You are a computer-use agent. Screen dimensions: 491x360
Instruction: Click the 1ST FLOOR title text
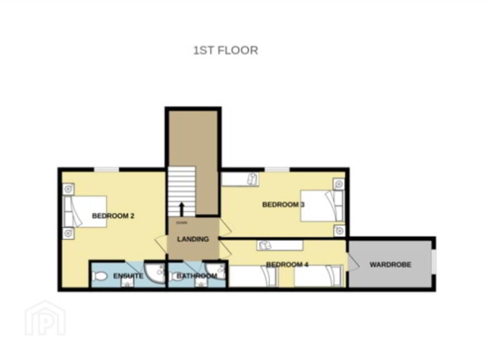point(225,50)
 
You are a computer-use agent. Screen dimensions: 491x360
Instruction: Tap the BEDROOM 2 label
point(113,216)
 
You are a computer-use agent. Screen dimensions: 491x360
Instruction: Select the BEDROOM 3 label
point(283,205)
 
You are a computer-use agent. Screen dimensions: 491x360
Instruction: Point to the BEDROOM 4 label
point(287,265)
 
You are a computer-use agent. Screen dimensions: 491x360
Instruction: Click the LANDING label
point(193,239)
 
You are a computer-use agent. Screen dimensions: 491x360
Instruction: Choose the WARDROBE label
point(390,265)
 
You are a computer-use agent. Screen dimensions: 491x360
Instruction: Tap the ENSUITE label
point(128,276)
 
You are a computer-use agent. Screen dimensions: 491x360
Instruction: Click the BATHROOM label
point(196,276)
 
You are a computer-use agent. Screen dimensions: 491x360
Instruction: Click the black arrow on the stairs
point(181,209)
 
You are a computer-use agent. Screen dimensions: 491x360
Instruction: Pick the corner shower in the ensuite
point(155,272)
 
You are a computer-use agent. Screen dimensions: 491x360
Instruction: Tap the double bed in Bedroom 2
point(85,211)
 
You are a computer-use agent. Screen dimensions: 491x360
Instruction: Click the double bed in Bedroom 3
point(322,206)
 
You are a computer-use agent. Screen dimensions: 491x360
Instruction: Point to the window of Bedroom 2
point(107,170)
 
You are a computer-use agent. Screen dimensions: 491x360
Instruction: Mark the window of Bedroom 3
point(277,170)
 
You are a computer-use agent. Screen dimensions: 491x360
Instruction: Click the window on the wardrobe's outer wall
point(434,261)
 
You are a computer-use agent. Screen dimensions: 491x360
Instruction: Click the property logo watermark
point(45,318)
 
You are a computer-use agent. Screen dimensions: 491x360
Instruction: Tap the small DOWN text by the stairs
point(182,223)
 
